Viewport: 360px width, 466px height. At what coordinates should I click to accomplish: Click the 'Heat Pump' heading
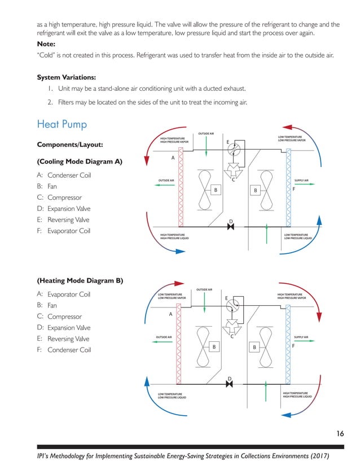62,124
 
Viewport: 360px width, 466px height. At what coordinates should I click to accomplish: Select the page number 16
340,433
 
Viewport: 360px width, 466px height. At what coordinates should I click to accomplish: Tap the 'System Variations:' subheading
67,77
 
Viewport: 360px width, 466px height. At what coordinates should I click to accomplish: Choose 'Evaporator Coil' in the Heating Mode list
69,294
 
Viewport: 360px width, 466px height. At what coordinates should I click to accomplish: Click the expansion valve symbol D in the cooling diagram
230,227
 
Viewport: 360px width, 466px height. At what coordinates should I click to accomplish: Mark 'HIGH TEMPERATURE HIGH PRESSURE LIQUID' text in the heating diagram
297,395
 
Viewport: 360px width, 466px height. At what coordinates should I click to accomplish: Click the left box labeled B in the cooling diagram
215,191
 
